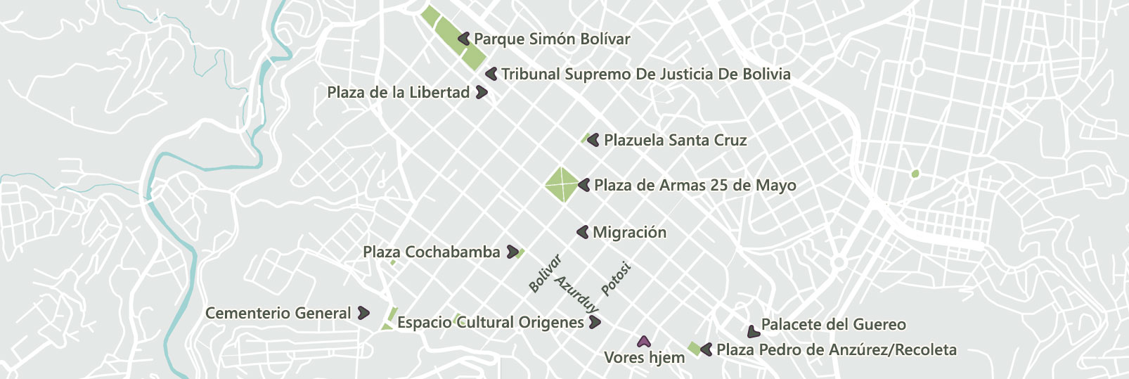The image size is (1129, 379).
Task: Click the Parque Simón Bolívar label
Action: coord(552,39)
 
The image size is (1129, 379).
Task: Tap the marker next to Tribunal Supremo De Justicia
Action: coord(491,74)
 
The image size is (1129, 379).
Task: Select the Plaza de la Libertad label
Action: coord(398,93)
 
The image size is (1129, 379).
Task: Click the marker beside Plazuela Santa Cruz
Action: coord(593,140)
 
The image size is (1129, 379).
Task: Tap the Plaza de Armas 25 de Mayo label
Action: coord(695,186)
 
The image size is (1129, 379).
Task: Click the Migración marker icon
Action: coord(583,232)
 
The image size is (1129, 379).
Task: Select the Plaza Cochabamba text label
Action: coord(431,252)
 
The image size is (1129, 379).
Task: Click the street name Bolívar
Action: coord(545,274)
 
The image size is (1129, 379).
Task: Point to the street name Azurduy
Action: coord(577,294)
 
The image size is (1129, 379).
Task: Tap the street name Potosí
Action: coord(616,279)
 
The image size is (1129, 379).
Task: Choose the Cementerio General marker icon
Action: coord(363,313)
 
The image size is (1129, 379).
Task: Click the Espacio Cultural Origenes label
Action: coord(490,323)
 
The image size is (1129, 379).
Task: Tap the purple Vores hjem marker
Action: coord(643,342)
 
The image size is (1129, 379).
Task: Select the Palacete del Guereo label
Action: coord(833,325)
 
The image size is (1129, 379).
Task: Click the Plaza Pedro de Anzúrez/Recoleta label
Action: coord(836,350)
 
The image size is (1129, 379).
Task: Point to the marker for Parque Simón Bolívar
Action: coord(464,39)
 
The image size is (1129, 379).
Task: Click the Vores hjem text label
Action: coord(644,358)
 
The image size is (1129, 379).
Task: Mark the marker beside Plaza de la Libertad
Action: coord(482,92)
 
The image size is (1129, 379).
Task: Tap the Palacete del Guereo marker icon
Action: coord(753,331)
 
